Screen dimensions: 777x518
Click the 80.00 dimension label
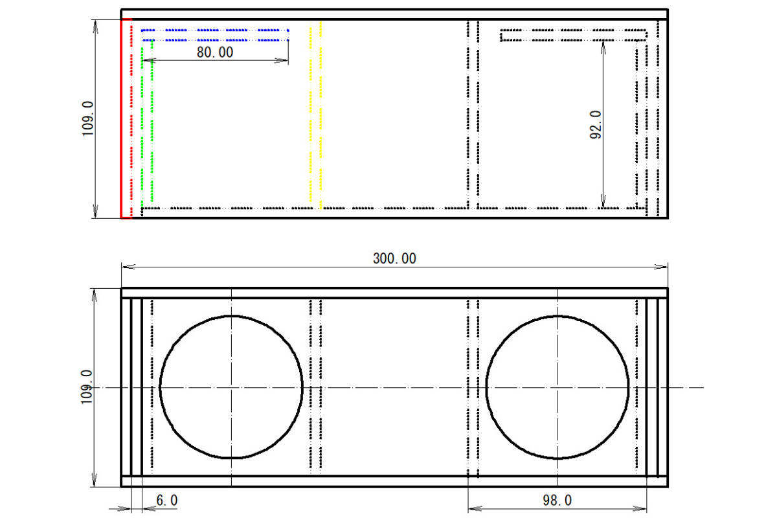pos(215,52)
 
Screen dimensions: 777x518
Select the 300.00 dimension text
pos(394,258)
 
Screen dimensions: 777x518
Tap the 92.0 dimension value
pos(596,125)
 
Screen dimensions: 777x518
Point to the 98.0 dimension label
pos(557,501)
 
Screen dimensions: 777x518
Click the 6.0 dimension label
pos(167,501)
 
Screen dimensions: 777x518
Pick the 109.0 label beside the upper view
pos(88,118)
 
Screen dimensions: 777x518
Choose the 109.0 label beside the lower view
pos(87,387)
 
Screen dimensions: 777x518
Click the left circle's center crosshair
pos(231,387)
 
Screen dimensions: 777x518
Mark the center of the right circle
pos(557,387)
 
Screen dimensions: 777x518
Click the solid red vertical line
pos(121,118)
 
